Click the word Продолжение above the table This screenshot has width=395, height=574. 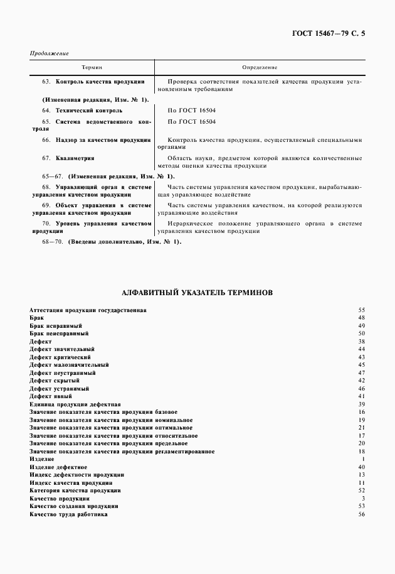pyautogui.click(x=49, y=53)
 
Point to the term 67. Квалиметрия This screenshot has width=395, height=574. pyautogui.click(x=72, y=158)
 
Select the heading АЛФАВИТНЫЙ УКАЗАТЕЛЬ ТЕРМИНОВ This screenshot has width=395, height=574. pyautogui.click(x=196, y=293)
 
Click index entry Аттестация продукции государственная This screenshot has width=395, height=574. pyautogui.click(x=88, y=310)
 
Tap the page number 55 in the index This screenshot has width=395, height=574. pyautogui.click(x=361, y=310)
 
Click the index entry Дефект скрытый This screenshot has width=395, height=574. pyautogui.click(x=55, y=381)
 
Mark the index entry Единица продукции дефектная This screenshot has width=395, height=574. pyautogui.click(x=75, y=404)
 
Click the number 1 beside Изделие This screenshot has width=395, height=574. pyautogui.click(x=363, y=460)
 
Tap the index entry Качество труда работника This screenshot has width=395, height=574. pyautogui.click(x=68, y=514)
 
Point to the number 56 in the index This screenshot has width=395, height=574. pyautogui.click(x=361, y=514)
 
